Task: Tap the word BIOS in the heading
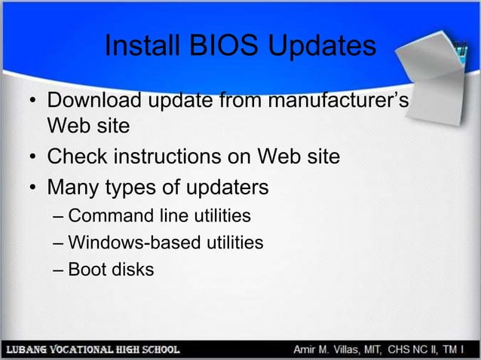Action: click(x=215, y=46)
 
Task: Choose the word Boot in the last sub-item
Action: click(x=87, y=268)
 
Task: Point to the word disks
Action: click(x=132, y=268)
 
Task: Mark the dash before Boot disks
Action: click(x=59, y=269)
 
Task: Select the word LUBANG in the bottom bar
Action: click(x=27, y=349)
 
